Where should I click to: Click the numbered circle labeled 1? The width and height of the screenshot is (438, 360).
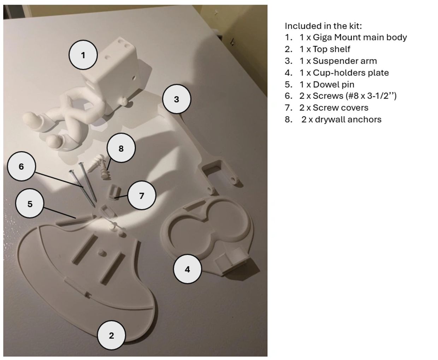click(83, 55)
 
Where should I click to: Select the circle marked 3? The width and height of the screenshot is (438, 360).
click(176, 99)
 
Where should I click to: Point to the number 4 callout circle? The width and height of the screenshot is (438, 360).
click(187, 269)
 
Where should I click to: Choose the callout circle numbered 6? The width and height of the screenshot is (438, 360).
click(22, 166)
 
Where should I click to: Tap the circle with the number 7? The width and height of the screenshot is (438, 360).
click(141, 195)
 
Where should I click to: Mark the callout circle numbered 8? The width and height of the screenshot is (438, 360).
click(121, 148)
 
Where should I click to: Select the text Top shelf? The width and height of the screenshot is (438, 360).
click(331, 49)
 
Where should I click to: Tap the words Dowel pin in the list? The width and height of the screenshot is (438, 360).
click(333, 85)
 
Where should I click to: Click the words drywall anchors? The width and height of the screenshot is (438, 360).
click(348, 120)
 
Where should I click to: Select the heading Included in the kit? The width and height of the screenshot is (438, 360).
click(323, 26)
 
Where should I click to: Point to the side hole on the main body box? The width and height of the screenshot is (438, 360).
click(133, 78)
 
